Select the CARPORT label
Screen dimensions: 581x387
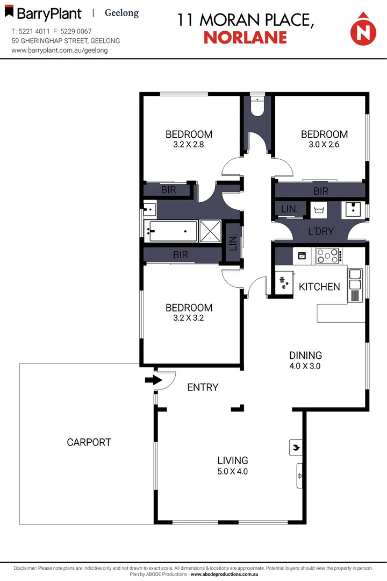(89, 442)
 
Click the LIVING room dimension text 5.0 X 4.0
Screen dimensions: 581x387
(233, 472)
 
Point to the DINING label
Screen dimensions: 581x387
(305, 355)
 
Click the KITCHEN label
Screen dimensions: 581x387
(319, 287)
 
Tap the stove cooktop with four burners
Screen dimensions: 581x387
(327, 256)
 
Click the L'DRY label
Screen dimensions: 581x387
(320, 231)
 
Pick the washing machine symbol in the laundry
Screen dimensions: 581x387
(320, 209)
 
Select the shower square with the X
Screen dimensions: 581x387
(210, 232)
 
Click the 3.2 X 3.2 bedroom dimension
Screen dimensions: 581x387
(189, 317)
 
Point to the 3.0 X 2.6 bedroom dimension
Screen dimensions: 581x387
(324, 144)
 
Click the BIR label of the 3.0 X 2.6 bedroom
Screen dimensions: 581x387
(321, 191)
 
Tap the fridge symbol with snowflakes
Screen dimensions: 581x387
(283, 281)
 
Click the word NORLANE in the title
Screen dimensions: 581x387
(245, 37)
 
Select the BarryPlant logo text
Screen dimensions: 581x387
(48, 13)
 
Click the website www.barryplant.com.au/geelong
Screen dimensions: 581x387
(60, 50)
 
